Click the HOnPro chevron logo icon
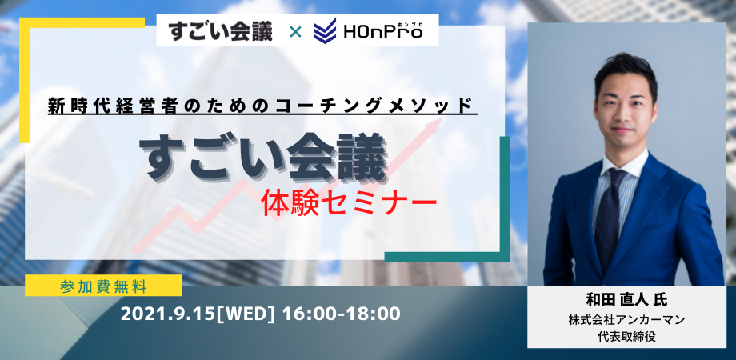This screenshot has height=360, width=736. click(x=325, y=30)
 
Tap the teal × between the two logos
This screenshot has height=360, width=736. click(x=294, y=32)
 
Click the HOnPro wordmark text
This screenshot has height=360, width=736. click(x=383, y=32)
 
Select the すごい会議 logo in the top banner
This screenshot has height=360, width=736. click(x=220, y=31)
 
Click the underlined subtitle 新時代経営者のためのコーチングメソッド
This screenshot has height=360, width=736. click(x=262, y=106)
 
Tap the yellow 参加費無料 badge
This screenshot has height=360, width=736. click(x=103, y=286)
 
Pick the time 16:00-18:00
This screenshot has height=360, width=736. click(x=342, y=314)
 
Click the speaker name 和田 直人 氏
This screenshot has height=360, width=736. click(x=626, y=299)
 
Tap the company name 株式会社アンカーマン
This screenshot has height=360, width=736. click(x=626, y=321)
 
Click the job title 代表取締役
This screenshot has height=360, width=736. click(x=626, y=337)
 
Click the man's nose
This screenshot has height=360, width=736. click(x=622, y=118)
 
